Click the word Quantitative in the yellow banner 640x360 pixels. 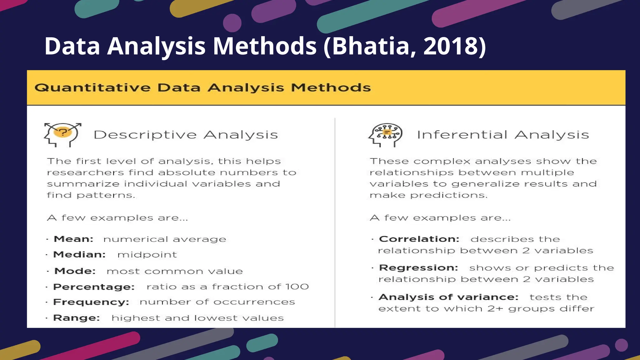click(x=92, y=88)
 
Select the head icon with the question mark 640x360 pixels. click(x=63, y=134)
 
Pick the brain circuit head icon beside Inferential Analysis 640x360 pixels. click(x=386, y=135)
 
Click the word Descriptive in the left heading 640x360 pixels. click(x=145, y=135)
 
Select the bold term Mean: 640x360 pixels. click(x=74, y=239)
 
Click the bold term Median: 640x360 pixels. click(x=79, y=254)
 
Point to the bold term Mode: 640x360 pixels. click(x=75, y=271)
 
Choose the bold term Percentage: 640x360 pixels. click(x=94, y=287)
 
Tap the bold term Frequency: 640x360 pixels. click(x=91, y=302)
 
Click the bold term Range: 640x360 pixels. click(x=77, y=318)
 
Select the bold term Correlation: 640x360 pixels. click(x=419, y=239)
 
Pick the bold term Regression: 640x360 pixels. click(x=418, y=268)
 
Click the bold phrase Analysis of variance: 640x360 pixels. click(x=448, y=297)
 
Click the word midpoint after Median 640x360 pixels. click(x=147, y=255)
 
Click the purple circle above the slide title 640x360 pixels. click(x=232, y=23)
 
